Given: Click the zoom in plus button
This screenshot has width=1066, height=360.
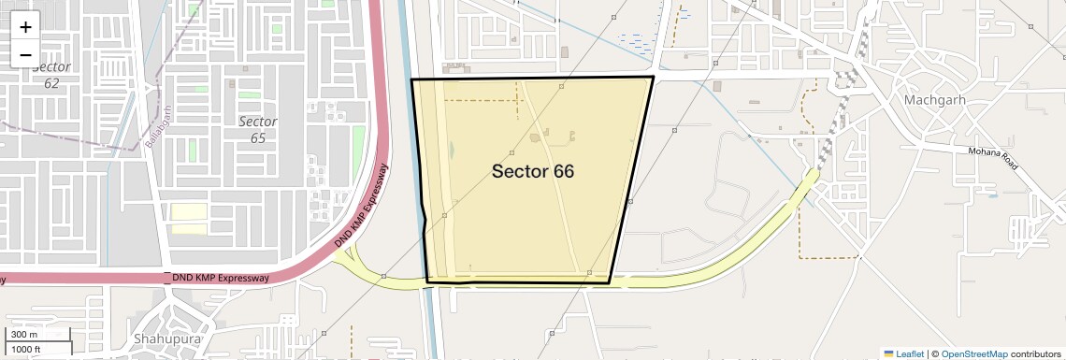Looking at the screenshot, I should click(25, 27).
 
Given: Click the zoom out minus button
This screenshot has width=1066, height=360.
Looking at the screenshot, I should click(25, 54).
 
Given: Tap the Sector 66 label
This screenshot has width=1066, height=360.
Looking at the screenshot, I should click(532, 171).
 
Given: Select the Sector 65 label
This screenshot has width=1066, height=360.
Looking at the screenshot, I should click(257, 129).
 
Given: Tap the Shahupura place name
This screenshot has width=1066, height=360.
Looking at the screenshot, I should click(167, 338).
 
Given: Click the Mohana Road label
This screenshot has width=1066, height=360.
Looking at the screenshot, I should click(994, 159).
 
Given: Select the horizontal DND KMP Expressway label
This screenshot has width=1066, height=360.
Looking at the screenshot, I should click(222, 278).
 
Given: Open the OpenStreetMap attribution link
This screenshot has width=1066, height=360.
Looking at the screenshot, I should click(973, 353).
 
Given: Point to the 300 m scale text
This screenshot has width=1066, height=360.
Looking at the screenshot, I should click(25, 335).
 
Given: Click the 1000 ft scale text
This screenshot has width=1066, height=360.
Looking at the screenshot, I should click(28, 349).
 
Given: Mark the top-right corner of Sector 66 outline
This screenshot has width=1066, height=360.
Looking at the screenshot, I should click(653, 77).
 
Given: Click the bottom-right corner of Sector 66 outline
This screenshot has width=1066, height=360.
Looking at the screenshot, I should click(610, 282).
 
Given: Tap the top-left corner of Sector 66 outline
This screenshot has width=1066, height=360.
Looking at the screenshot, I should click(411, 79).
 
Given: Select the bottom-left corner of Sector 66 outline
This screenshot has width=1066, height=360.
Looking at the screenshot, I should click(427, 281).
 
